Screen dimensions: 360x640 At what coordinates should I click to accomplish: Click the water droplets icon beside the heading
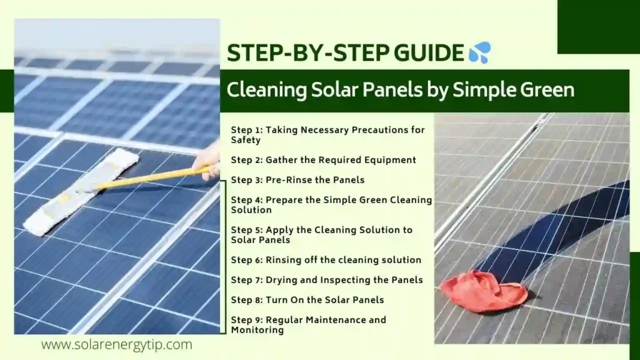pyautogui.click(x=479, y=53)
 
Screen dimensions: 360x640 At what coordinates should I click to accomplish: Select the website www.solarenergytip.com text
pyautogui.click(x=117, y=344)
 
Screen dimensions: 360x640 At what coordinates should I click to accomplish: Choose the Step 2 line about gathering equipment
pyautogui.click(x=323, y=160)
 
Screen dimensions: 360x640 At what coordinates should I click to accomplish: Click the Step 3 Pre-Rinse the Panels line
pyautogui.click(x=297, y=180)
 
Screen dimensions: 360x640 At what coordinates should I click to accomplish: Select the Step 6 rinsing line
pyautogui.click(x=326, y=259)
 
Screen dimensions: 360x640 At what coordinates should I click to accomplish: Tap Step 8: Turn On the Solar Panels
pyautogui.click(x=307, y=299)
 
